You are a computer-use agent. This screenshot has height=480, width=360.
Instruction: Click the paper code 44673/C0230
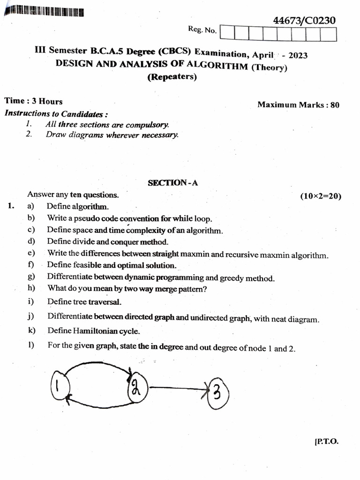pyautogui.click(x=304, y=21)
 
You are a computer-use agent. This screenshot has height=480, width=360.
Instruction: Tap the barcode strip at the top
pyautogui.click(x=44, y=12)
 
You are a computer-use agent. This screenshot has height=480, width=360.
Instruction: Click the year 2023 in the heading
pyautogui.click(x=298, y=55)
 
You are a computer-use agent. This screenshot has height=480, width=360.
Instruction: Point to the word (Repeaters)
pyautogui.click(x=172, y=77)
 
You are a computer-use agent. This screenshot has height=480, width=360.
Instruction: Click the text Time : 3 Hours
pyautogui.click(x=33, y=101)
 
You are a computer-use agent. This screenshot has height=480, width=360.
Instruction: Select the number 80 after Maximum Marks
pyautogui.click(x=335, y=105)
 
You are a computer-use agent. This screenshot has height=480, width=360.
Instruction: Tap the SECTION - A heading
pyautogui.click(x=173, y=183)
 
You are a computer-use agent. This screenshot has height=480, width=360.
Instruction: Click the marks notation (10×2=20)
pyautogui.click(x=321, y=196)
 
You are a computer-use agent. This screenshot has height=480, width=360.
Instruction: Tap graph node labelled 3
pyautogui.click(x=217, y=392)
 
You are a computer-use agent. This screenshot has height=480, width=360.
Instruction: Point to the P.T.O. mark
pyautogui.click(x=327, y=442)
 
